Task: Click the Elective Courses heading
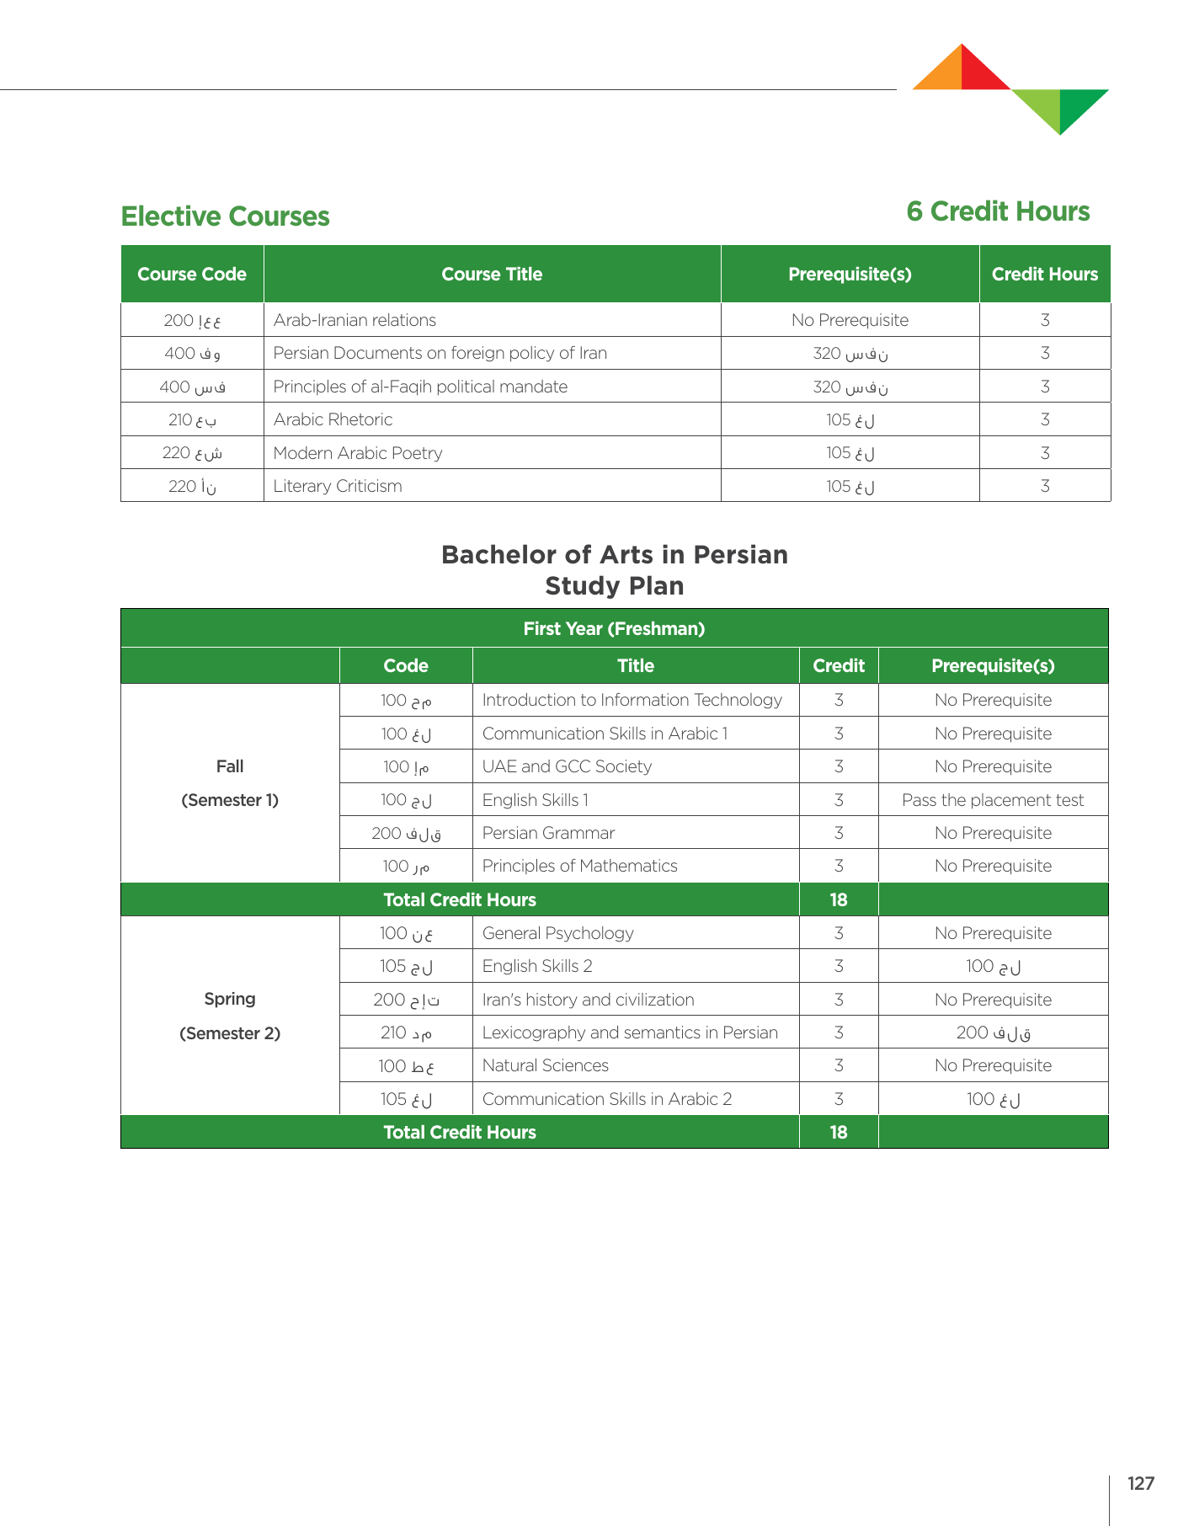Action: [x=225, y=216]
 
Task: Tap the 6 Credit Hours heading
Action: [x=998, y=211]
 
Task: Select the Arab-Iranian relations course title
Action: [x=354, y=320]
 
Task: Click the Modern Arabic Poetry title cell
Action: [x=358, y=453]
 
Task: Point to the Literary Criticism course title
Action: [x=338, y=486]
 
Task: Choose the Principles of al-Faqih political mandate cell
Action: [x=420, y=387]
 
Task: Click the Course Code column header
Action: [x=192, y=275]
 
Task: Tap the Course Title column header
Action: [x=492, y=275]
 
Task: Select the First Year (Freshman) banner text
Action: [x=614, y=629]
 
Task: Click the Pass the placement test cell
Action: [x=993, y=800]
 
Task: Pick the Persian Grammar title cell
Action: [x=548, y=833]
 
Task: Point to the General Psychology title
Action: [x=557, y=933]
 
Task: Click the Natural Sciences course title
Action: [x=545, y=1065]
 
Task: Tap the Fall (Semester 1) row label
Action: [x=230, y=783]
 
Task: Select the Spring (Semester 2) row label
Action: [x=230, y=1016]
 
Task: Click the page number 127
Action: [x=1140, y=1483]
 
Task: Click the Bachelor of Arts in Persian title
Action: [x=615, y=555]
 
